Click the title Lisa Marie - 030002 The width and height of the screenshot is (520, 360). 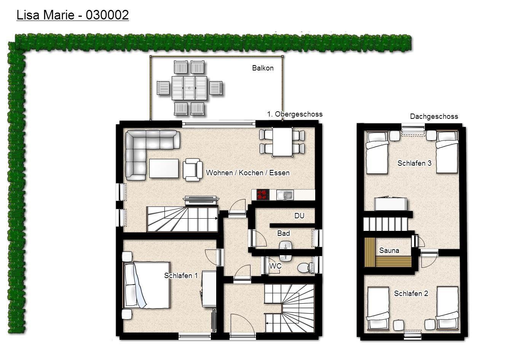click(x=73, y=15)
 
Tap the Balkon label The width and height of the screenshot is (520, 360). click(x=263, y=68)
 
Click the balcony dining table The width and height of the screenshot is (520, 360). click(x=189, y=88)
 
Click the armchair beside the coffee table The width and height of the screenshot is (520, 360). click(x=192, y=170)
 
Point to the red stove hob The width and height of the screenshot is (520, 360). click(x=263, y=195)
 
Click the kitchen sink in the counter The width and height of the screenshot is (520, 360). click(x=285, y=195)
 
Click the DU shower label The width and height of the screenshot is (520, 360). click(x=299, y=216)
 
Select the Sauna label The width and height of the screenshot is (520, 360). click(x=389, y=250)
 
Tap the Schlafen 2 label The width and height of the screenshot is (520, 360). click(x=411, y=293)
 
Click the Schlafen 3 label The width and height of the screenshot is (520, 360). click(x=415, y=163)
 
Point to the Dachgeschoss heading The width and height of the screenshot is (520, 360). click(x=434, y=116)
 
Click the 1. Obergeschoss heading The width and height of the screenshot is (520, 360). click(x=295, y=114)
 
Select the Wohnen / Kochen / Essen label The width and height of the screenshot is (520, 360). click(x=248, y=173)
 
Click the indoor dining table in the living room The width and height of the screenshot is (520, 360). click(x=282, y=142)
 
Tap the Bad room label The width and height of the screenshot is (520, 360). click(x=284, y=233)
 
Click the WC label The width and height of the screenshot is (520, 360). click(x=275, y=266)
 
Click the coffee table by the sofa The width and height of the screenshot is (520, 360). click(x=164, y=168)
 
